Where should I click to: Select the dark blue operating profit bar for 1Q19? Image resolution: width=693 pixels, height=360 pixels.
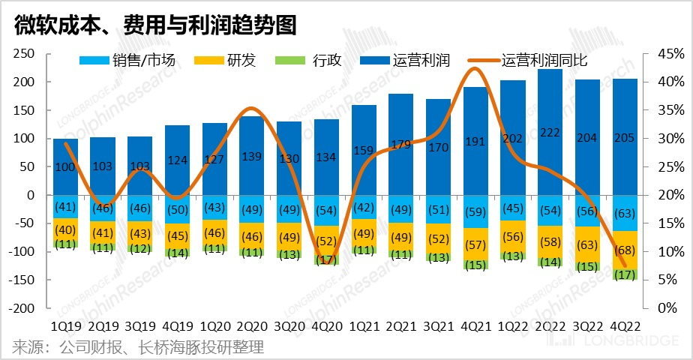pyautogui.click(x=65, y=166)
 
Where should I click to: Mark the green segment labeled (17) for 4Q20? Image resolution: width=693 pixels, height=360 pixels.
pyautogui.click(x=326, y=259)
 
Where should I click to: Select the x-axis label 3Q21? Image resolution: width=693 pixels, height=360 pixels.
pyautogui.click(x=438, y=327)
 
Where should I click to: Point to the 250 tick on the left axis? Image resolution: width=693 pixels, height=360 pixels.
pyautogui.click(x=26, y=54)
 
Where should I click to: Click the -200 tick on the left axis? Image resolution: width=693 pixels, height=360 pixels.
pyautogui.click(x=23, y=308)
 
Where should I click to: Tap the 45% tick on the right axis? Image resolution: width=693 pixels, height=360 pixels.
pyautogui.click(x=669, y=54)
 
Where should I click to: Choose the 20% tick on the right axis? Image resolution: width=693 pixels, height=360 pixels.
pyautogui.click(x=669, y=195)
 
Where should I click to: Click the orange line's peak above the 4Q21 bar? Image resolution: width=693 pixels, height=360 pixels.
pyautogui.click(x=475, y=69)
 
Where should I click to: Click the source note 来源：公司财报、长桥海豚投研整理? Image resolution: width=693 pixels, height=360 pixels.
pyautogui.click(x=138, y=347)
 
